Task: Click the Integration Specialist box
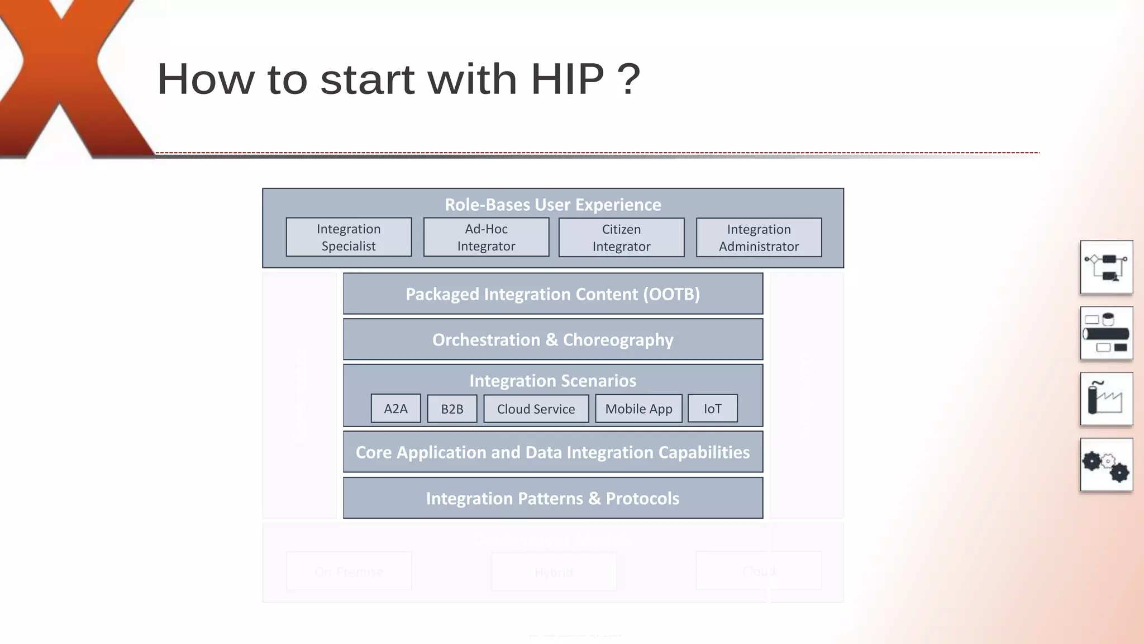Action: click(349, 237)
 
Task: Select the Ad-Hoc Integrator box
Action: click(486, 237)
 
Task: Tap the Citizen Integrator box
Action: click(621, 238)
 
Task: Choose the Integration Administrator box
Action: click(759, 238)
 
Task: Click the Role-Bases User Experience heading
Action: click(552, 205)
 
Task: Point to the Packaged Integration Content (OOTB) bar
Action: click(552, 294)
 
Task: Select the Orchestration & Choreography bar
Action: click(552, 340)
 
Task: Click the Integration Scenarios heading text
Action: click(552, 381)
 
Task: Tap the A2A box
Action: click(395, 409)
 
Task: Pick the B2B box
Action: click(452, 409)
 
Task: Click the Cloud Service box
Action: click(536, 409)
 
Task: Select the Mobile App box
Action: click(638, 409)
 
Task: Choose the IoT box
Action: click(712, 409)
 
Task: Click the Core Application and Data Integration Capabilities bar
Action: click(552, 452)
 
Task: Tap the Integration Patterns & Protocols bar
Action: click(552, 498)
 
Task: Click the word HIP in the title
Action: click(567, 79)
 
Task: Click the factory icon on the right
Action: click(1106, 399)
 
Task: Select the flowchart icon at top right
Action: click(1106, 267)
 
